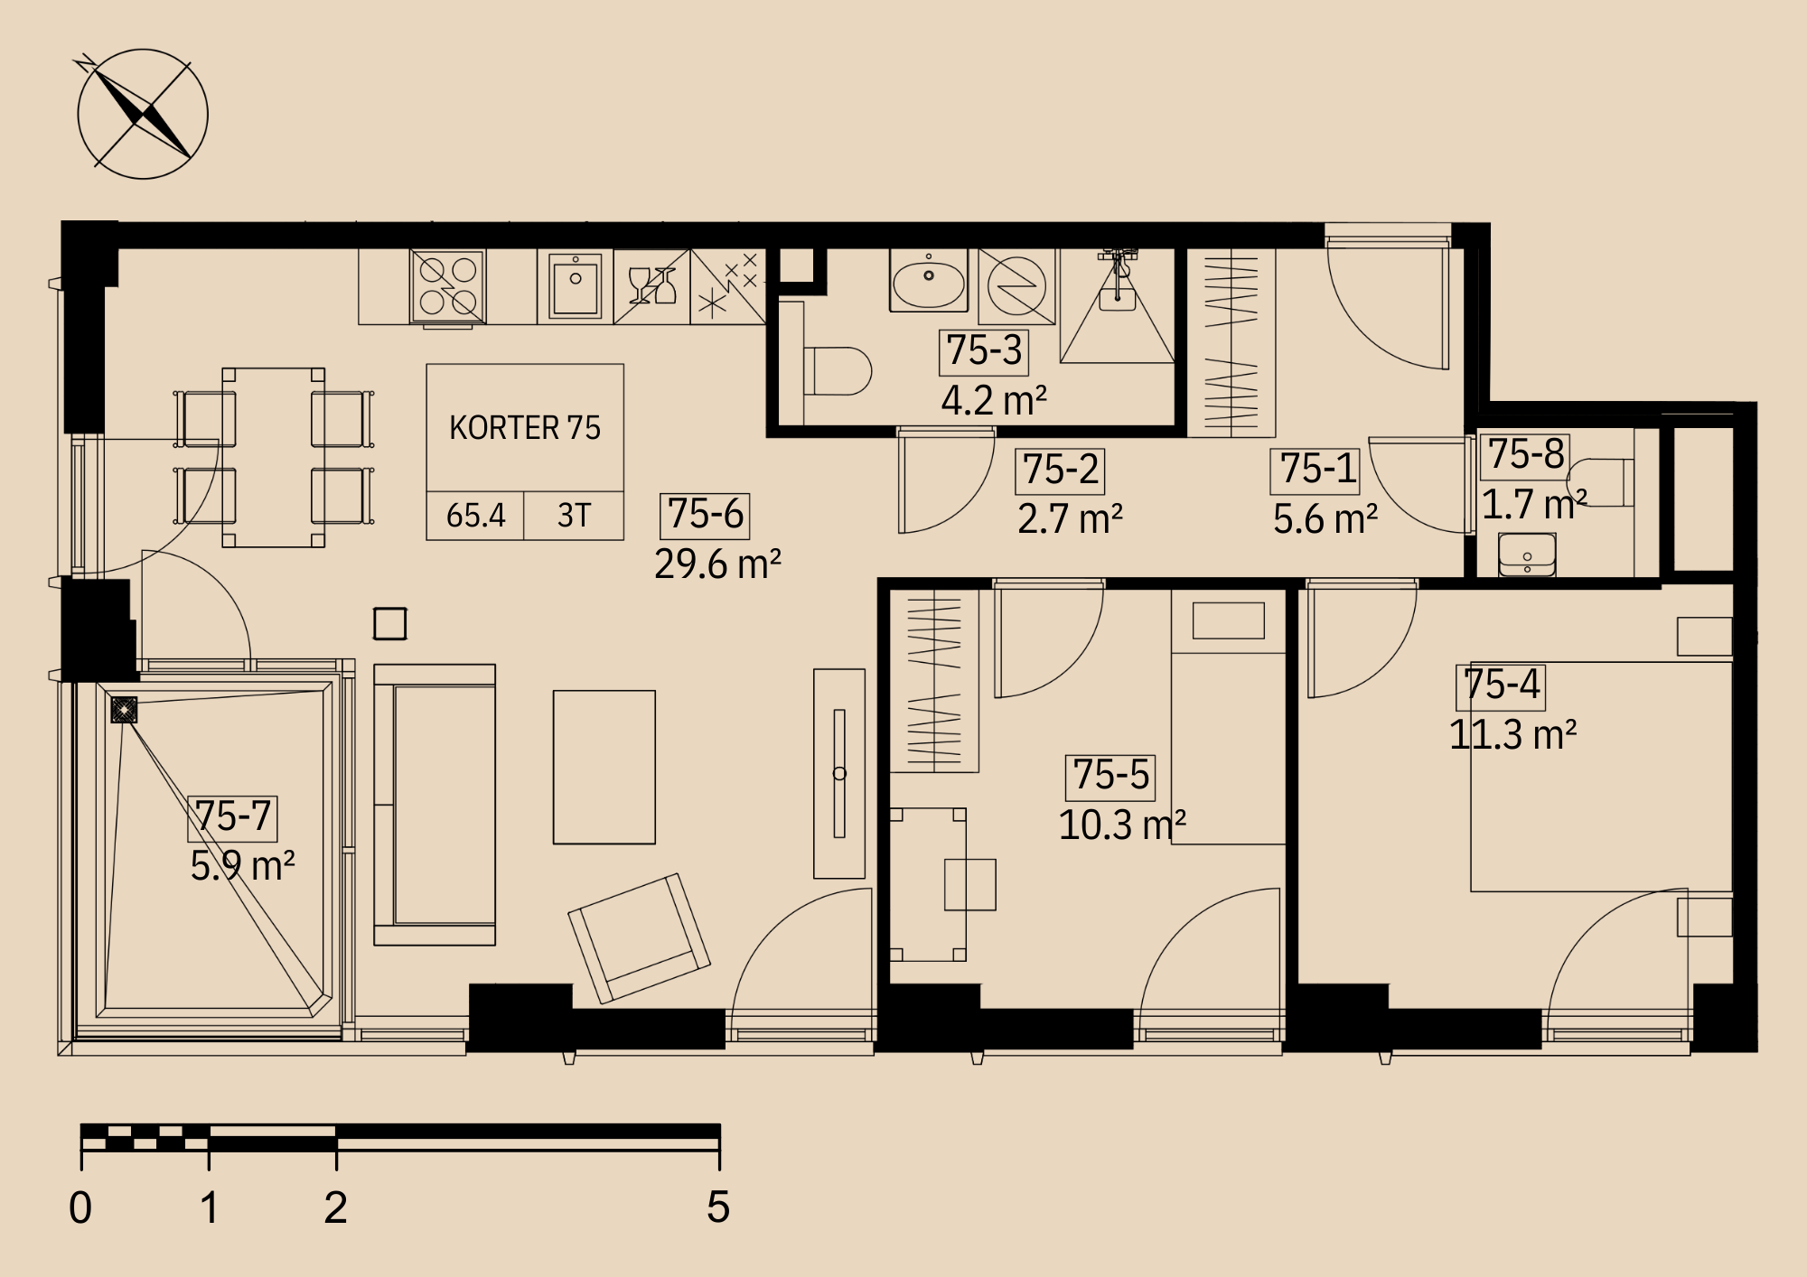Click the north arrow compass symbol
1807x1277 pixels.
[x=143, y=114]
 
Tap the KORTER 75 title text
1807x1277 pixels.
[x=525, y=427]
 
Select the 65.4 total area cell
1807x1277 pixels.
[x=476, y=516]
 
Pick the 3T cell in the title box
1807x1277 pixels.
[x=574, y=516]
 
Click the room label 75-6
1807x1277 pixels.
[x=706, y=514]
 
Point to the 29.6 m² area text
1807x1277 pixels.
[x=717, y=564]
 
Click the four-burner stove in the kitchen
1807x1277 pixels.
[x=448, y=286]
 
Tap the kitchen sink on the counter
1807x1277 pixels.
[x=576, y=285]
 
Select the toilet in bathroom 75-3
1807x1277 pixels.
[x=837, y=371]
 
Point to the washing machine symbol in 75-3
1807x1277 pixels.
[x=1016, y=285]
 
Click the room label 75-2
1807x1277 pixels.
[x=1061, y=470]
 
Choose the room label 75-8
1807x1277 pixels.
[x=1525, y=454]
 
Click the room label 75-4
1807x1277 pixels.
[x=1501, y=685]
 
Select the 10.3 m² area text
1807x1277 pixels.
[x=1122, y=825]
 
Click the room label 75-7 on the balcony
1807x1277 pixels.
[x=233, y=816]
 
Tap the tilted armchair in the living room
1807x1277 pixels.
[x=639, y=938]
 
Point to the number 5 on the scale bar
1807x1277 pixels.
[x=718, y=1207]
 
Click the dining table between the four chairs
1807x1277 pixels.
[x=274, y=457]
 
